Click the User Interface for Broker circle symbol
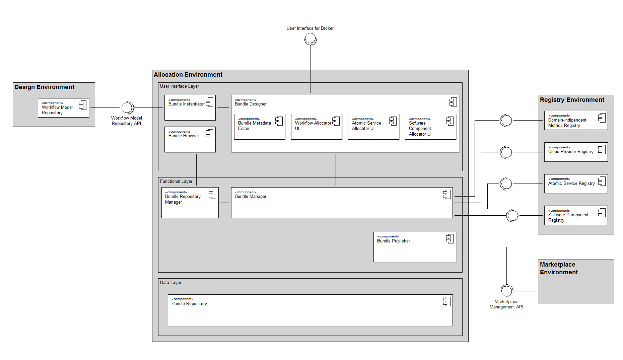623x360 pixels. pos(310,39)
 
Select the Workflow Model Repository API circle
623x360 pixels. pos(127,107)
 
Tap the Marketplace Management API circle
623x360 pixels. pos(506,291)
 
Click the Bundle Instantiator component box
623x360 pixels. pos(190,108)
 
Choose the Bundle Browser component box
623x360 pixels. pos(190,139)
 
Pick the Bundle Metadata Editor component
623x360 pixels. pos(260,127)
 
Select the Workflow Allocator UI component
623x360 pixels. pos(317,127)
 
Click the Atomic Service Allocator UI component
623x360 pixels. pos(373,127)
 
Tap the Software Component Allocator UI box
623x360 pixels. pos(430,127)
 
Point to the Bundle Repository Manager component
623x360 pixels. pos(190,203)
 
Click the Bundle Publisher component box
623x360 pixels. pos(415,247)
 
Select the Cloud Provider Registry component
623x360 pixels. pos(576,152)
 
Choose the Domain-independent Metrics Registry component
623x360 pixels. pos(576,121)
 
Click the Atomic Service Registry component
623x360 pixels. pos(576,184)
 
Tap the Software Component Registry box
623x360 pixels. pos(576,215)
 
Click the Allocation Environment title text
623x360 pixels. pos(188,75)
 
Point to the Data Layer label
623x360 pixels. pos(170,282)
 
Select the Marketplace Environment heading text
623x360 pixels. pos(559,268)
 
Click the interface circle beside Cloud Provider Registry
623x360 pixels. pos(506,152)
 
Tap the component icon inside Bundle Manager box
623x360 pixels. pos(447,195)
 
